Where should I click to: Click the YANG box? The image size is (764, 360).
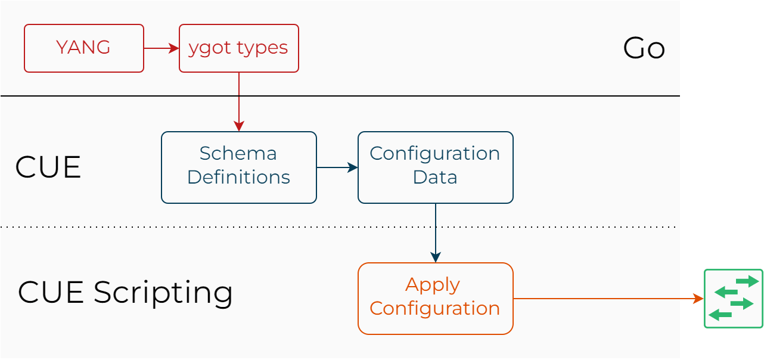(83, 48)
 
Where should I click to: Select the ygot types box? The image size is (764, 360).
(238, 48)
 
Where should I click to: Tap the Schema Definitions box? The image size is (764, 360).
(238, 167)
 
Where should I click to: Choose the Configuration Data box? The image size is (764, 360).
(435, 167)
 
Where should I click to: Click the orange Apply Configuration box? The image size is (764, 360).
(435, 299)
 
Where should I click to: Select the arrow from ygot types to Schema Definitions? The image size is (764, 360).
(238, 101)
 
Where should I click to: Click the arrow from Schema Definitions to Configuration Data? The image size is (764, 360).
(337, 167)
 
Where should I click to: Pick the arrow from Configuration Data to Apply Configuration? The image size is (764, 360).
(436, 232)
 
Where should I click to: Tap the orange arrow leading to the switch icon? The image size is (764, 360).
(608, 299)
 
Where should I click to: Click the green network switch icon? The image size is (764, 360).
(733, 299)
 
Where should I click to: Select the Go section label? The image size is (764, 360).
(644, 48)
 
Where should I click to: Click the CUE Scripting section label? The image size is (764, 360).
(125, 293)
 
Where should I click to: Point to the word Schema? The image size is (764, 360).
(238, 154)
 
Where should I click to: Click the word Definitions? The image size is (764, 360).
(238, 178)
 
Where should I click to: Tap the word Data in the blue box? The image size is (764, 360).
(435, 178)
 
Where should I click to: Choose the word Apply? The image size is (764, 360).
(433, 285)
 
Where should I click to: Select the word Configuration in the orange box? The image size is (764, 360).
(435, 309)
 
